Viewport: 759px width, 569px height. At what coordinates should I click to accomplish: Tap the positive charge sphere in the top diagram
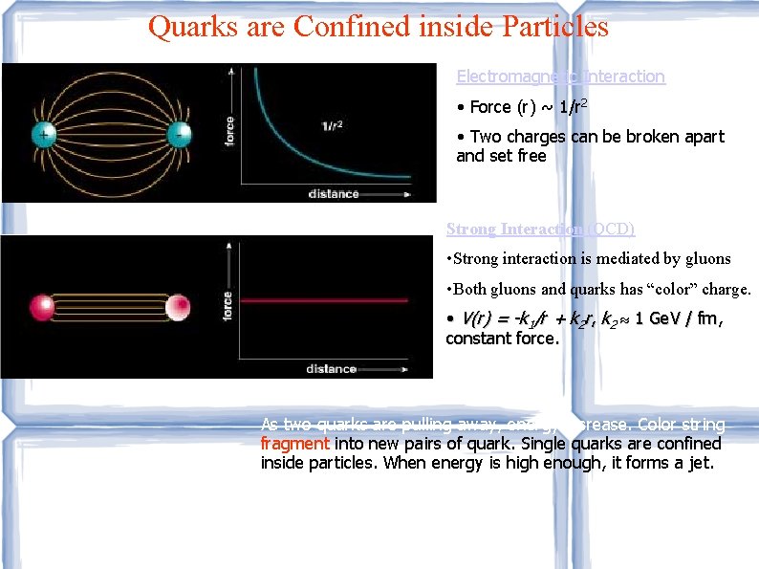coord(44,134)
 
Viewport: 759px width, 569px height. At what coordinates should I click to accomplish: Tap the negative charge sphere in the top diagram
coord(179,134)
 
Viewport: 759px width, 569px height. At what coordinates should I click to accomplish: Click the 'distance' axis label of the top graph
coord(334,193)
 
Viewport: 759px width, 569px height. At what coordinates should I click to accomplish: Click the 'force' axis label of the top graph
coord(228,130)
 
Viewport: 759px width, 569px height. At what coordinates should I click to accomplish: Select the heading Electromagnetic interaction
coord(560,77)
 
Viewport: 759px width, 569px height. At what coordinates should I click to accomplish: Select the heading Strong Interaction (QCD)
coord(540,230)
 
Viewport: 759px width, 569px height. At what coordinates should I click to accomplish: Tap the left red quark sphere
coord(42,307)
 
